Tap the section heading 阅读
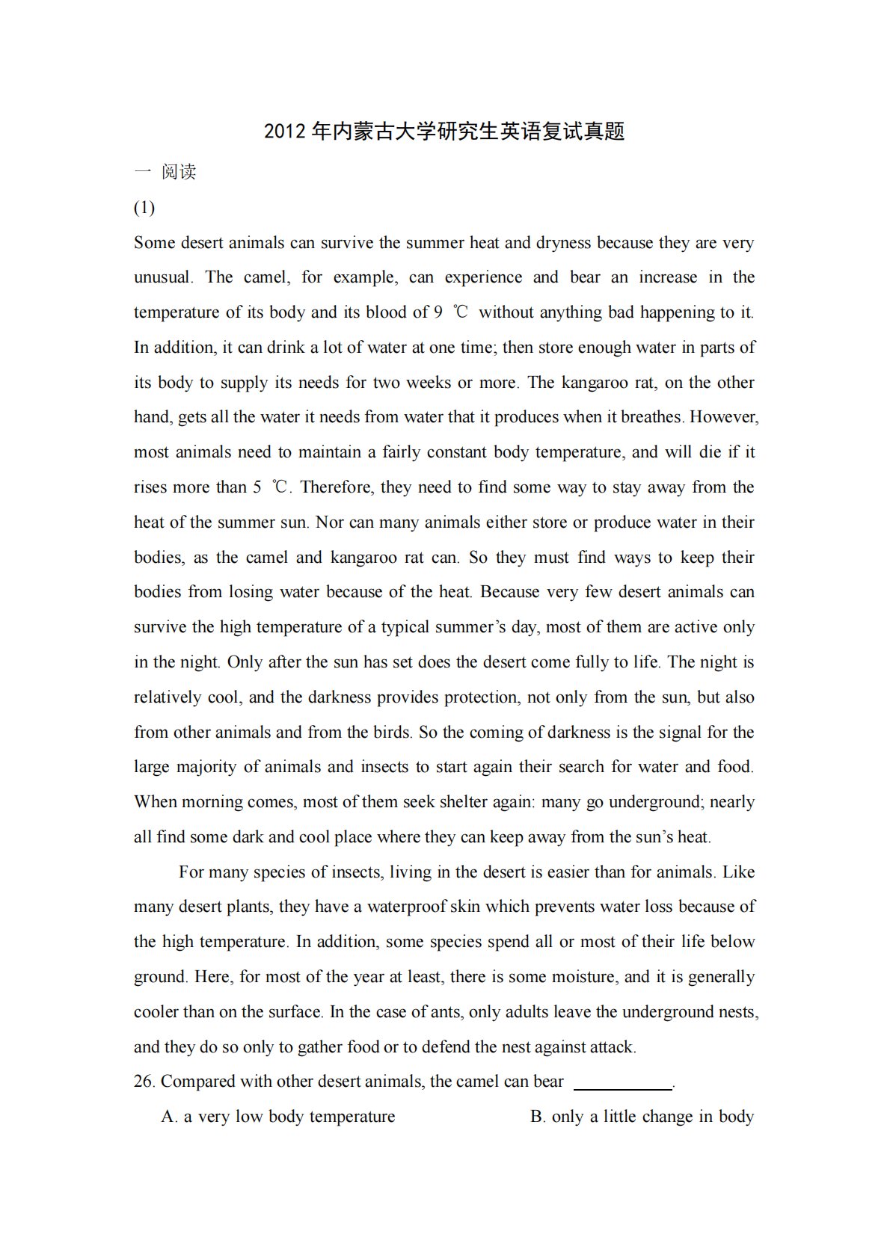[x=179, y=172]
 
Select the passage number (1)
[x=144, y=207]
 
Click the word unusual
[x=162, y=277]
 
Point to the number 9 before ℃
[x=438, y=312]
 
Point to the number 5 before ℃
[x=257, y=487]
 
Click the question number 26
[x=144, y=1082]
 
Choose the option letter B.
[x=537, y=1117]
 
